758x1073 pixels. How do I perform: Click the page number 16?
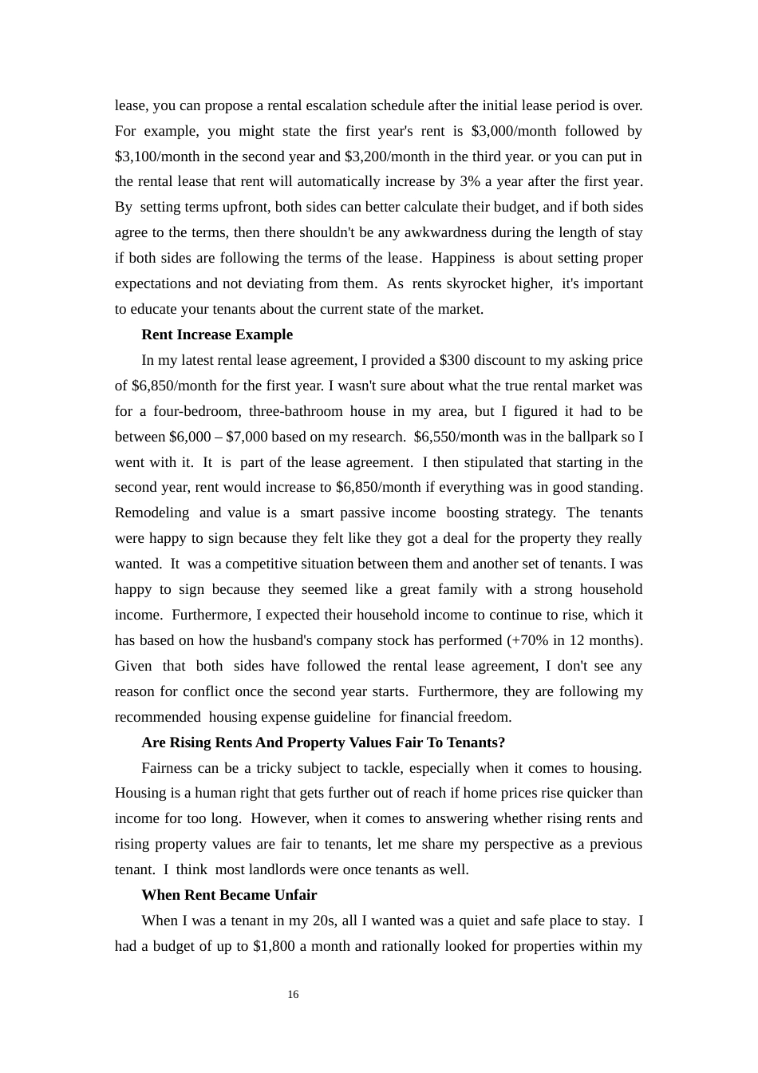pyautogui.click(x=293, y=994)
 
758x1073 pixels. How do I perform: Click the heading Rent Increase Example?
pyautogui.click(x=217, y=335)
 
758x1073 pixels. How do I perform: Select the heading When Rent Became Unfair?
pyautogui.click(x=229, y=895)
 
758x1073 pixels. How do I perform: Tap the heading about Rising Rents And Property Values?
pyautogui.click(x=323, y=742)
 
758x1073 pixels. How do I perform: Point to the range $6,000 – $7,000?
pyautogui.click(x=217, y=437)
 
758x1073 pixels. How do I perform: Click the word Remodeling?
pyautogui.click(x=152, y=513)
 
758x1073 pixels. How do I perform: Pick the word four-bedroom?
pyautogui.click(x=197, y=411)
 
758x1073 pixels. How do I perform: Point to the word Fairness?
pyautogui.click(x=168, y=768)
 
